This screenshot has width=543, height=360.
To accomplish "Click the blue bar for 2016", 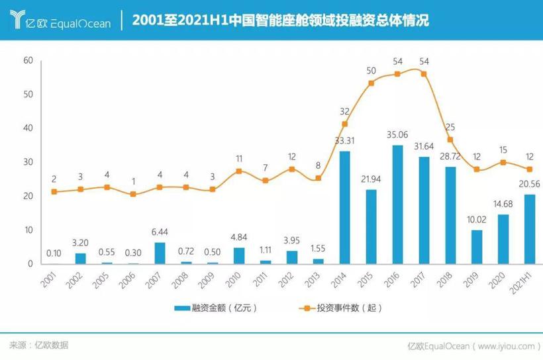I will point(397,204).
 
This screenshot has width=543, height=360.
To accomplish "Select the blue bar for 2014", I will point(344,208).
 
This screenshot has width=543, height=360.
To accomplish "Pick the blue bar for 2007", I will point(160,253).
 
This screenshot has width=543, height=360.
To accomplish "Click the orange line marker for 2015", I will point(371,83).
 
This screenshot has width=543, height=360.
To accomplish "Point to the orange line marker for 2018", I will point(450,140).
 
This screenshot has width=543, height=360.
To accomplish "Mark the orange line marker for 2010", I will point(239,171).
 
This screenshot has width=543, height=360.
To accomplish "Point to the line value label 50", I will point(371,71).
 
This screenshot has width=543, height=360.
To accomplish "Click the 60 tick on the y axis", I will point(28,60).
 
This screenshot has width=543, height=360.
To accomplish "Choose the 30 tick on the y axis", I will point(28,162).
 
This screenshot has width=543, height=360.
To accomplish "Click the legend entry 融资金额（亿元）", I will point(216,308).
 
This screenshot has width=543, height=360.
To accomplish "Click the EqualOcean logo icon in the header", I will point(18,21).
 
